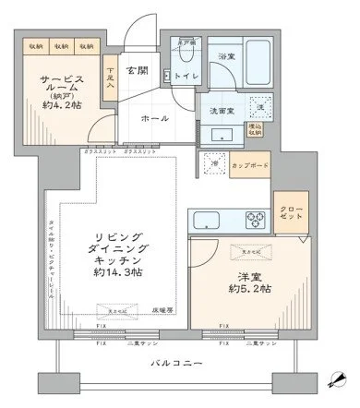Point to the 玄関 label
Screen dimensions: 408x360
pos(138,71)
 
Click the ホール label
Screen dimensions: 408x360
pos(152,119)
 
